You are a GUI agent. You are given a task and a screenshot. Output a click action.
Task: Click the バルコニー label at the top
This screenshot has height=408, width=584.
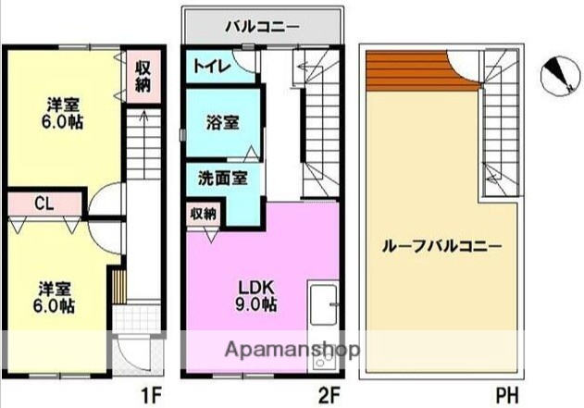point(262,25)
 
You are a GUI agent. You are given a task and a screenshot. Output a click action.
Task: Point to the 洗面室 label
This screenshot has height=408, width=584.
point(222,179)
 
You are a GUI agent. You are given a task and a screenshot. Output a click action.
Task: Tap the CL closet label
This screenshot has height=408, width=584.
point(43,203)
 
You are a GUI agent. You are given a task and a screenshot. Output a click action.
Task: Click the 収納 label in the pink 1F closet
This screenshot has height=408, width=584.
point(142,75)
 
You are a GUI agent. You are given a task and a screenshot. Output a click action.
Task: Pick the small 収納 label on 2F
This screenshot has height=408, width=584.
point(204,213)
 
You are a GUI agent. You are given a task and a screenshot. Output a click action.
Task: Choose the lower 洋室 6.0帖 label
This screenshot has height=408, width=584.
point(56,296)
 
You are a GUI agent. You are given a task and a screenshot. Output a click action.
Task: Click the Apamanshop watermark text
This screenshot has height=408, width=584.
point(281,351)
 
